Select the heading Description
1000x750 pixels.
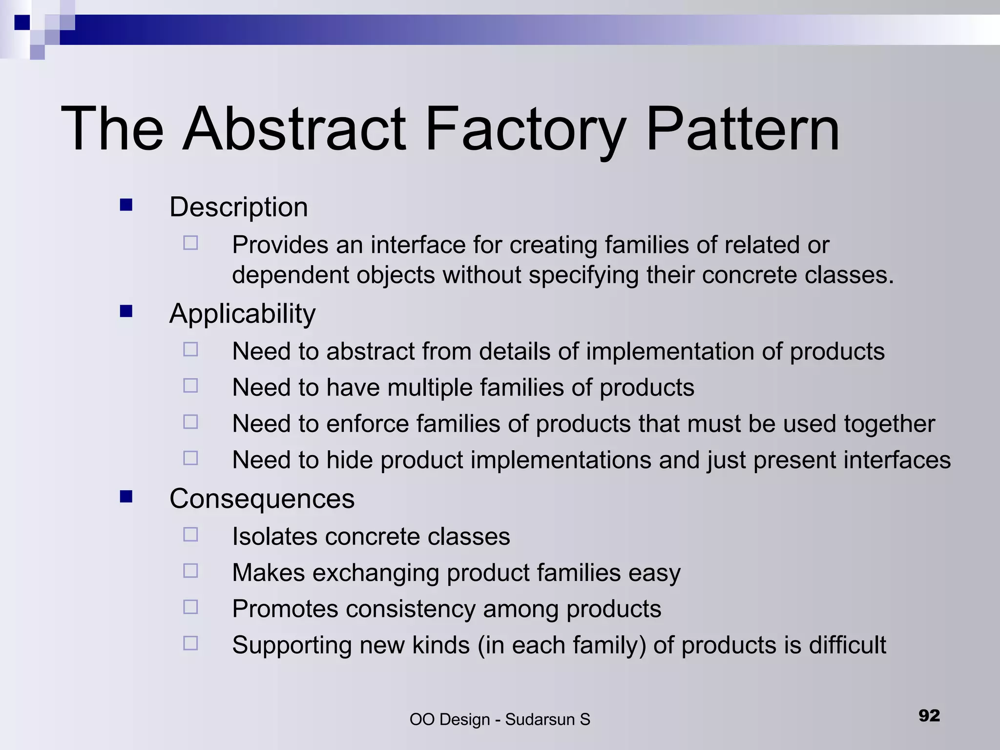point(238,207)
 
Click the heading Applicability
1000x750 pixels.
point(242,313)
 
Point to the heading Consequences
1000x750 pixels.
point(262,499)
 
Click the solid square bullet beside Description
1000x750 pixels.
point(126,205)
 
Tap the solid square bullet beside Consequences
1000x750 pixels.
point(126,497)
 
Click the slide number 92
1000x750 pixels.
point(929,715)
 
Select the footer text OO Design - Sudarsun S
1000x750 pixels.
point(500,719)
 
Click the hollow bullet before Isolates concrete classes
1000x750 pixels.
point(190,535)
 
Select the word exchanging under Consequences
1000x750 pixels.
point(375,573)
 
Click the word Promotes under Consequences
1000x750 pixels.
point(285,609)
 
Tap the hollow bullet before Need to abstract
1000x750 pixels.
point(190,350)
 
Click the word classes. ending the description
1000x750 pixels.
point(849,275)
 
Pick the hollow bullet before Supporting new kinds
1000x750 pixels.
point(190,643)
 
